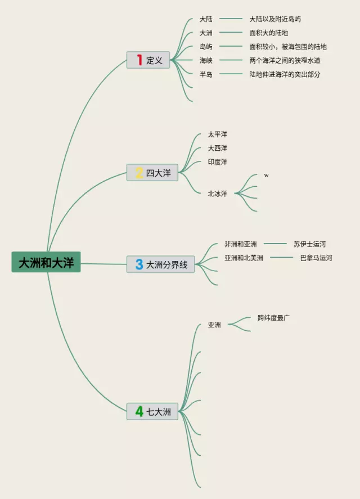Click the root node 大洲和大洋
coord(46,263)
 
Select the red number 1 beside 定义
coord(139,60)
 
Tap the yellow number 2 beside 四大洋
coord(139,173)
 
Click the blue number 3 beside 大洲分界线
coord(139,264)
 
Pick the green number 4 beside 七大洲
coord(139,411)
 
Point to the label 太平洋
coord(217,134)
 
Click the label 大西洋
coord(217,148)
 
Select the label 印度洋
coord(217,162)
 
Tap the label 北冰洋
coord(217,194)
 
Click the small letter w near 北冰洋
coord(266,175)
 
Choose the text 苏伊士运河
coord(309,244)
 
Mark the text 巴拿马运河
coord(316,258)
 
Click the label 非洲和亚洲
coord(240,244)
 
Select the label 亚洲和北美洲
coord(244,258)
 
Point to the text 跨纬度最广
coord(274,318)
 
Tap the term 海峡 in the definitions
coord(206,60)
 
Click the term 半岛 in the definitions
coord(206,74)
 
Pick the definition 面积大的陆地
coord(268,33)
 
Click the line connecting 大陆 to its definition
coord(231,19)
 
